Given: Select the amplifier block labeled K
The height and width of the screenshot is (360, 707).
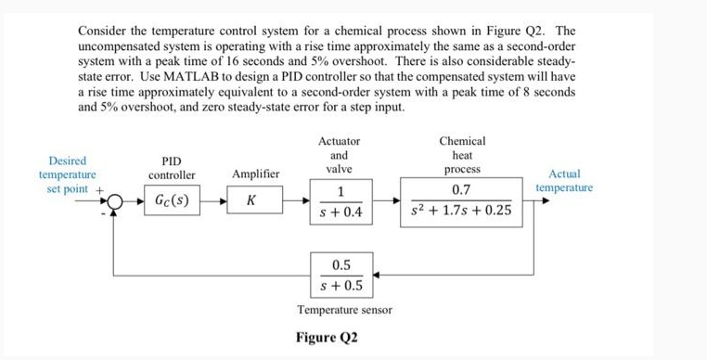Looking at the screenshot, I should [251, 200].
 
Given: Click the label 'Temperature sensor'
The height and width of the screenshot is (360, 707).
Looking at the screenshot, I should [344, 309].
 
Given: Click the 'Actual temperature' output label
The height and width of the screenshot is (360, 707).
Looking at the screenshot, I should [564, 180].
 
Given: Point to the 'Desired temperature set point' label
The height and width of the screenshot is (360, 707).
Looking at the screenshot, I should [68, 174].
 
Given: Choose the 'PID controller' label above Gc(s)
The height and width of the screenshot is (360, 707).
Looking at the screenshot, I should [172, 167].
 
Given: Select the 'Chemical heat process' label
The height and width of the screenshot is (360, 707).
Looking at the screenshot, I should [462, 156].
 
